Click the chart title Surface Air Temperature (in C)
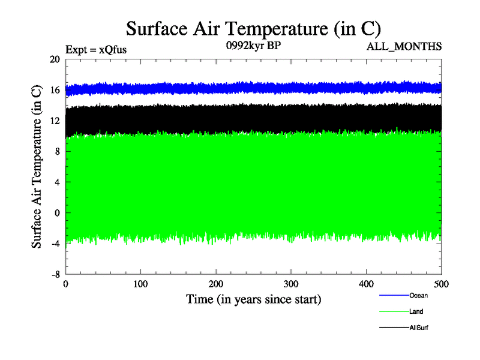pyautogui.click(x=253, y=28)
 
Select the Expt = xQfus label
pyautogui.click(x=95, y=50)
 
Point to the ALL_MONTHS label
pyautogui.click(x=408, y=46)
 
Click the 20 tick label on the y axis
pyautogui.click(x=55, y=59)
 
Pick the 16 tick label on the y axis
pyautogui.click(x=55, y=90)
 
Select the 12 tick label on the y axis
pyautogui.click(x=55, y=121)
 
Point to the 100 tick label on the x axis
pyautogui.click(x=140, y=283)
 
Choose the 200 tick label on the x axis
pyautogui.click(x=216, y=283)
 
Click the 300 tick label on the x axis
pyautogui.click(x=291, y=283)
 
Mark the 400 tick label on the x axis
pyautogui.click(x=366, y=283)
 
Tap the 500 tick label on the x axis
pyautogui.click(x=441, y=283)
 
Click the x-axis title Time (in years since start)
pyautogui.click(x=253, y=299)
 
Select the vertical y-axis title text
pyautogui.click(x=37, y=167)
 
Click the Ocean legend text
pyautogui.click(x=418, y=295)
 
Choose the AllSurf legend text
pyautogui.click(x=419, y=328)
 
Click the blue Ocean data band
pyautogui.click(x=252, y=88)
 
